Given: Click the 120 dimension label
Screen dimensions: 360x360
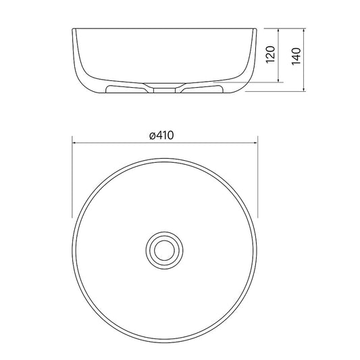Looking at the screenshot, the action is (x=270, y=55).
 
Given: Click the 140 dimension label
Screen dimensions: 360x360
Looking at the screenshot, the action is (x=297, y=56).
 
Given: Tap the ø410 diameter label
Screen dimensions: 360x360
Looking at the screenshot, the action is (x=161, y=135).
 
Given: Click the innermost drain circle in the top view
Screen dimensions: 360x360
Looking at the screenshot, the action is (x=164, y=251).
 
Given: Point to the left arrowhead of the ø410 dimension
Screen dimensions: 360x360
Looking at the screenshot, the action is (x=74, y=143).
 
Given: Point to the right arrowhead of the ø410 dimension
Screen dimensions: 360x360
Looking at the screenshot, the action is (x=255, y=143).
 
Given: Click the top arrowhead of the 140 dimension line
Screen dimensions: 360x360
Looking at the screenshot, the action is (x=304, y=30).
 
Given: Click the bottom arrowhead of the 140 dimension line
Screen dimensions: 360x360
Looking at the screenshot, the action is (x=304, y=89).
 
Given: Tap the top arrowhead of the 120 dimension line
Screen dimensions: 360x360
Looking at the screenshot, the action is (x=278, y=30).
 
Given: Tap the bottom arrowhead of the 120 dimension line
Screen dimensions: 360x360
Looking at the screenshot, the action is (x=278, y=80).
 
